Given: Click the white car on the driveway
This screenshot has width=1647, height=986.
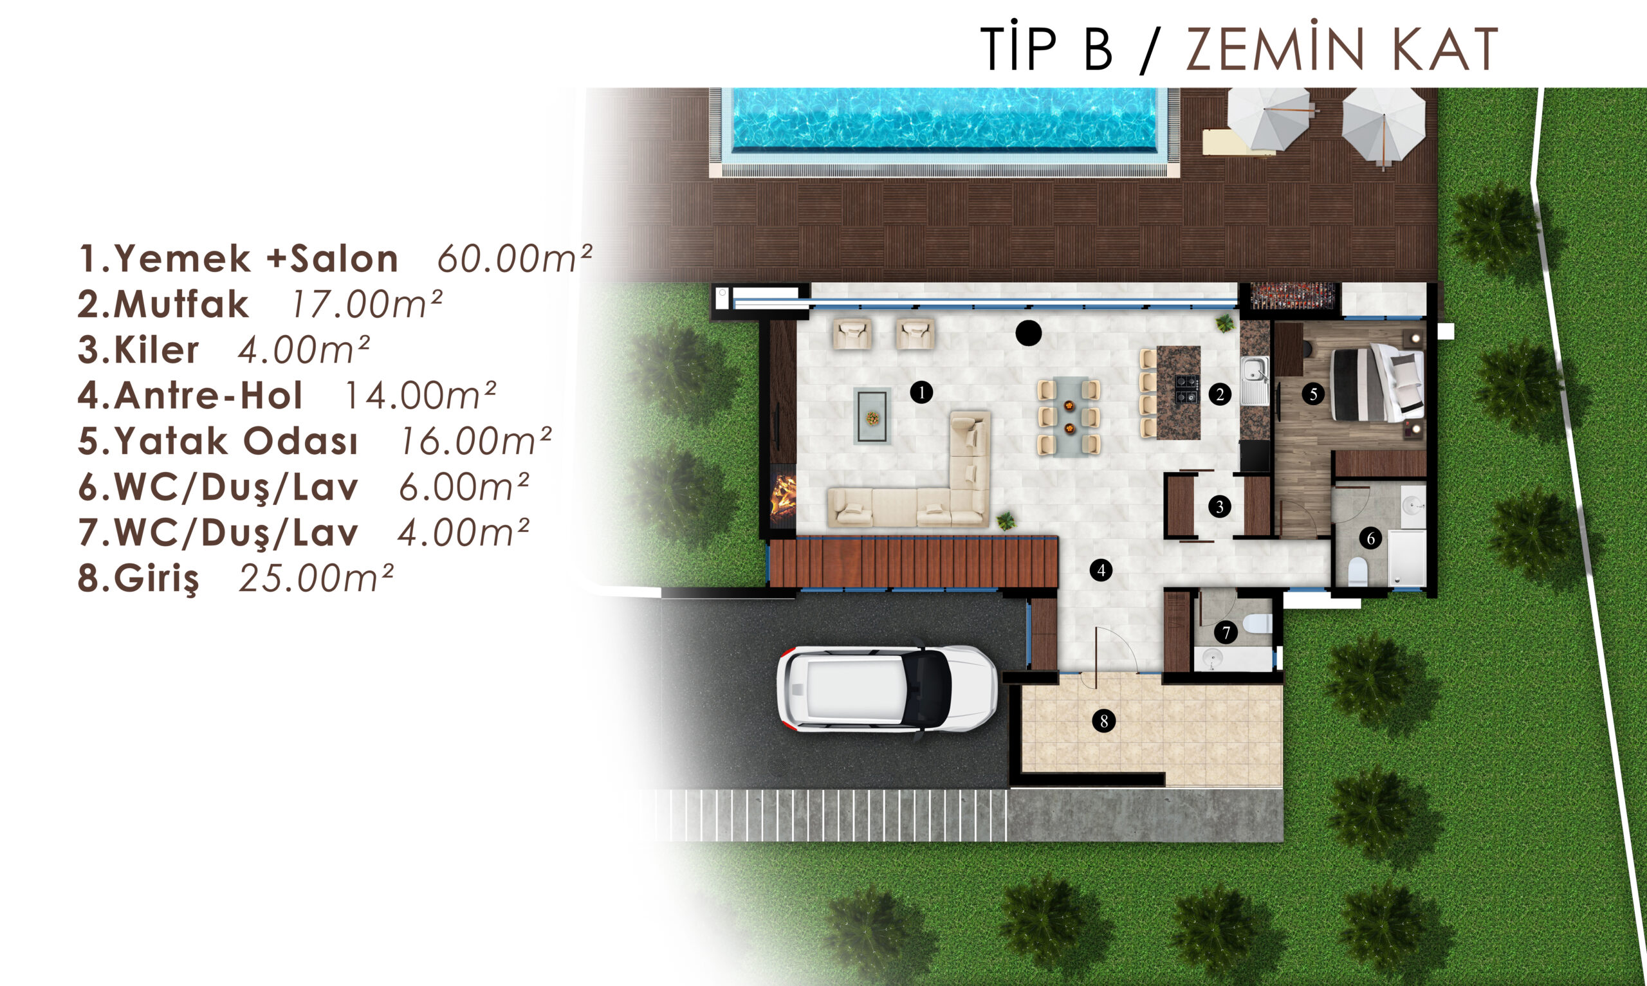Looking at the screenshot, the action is (888, 689).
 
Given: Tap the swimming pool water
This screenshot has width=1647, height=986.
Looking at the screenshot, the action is (944, 118).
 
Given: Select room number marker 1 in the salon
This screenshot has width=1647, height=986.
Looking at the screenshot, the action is (921, 392).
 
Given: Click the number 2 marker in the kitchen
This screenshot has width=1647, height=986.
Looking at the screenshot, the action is (1220, 395).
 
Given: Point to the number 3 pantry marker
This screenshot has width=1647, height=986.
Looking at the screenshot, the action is (1219, 507).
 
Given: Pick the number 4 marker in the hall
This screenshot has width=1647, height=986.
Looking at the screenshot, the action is (1101, 569).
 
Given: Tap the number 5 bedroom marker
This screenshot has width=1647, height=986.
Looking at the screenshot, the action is (1313, 394).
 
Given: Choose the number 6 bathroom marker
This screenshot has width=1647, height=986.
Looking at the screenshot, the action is (1370, 538).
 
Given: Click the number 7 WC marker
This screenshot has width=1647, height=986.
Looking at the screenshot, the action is (1226, 632).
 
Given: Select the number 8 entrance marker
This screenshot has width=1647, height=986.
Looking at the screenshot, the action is (1103, 721).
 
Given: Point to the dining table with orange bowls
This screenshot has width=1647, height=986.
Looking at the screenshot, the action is (1069, 416).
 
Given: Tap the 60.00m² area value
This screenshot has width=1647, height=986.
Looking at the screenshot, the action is (514, 259).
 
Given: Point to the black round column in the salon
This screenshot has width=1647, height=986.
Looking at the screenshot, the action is (1029, 333).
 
